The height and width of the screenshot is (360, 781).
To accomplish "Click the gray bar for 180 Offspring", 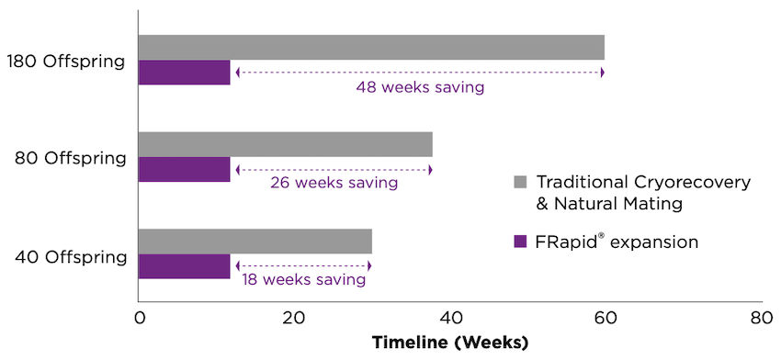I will click(371, 47).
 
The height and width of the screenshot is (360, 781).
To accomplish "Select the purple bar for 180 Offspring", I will click(184, 72).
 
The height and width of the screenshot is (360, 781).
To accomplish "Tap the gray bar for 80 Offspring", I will click(285, 144).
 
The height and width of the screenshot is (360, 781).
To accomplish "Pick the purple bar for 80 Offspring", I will click(184, 169).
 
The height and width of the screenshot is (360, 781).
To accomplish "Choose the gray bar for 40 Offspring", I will click(255, 242).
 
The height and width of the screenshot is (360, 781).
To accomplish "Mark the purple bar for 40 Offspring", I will click(184, 266).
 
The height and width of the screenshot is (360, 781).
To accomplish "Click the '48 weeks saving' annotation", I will click(420, 88).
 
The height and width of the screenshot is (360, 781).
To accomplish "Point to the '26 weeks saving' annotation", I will click(334, 183).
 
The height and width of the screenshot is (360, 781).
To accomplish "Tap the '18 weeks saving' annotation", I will click(302, 279).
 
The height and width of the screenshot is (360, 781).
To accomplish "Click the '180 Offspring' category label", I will click(65, 62).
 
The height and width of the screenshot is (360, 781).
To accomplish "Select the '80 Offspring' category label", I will click(70, 158).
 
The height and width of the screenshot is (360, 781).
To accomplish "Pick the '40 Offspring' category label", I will click(70, 256).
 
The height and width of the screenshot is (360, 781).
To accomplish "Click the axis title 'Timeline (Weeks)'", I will click(450, 343).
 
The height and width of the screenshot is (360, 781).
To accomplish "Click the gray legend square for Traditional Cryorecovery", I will click(520, 182).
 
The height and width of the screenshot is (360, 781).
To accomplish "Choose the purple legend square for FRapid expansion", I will click(520, 242).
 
